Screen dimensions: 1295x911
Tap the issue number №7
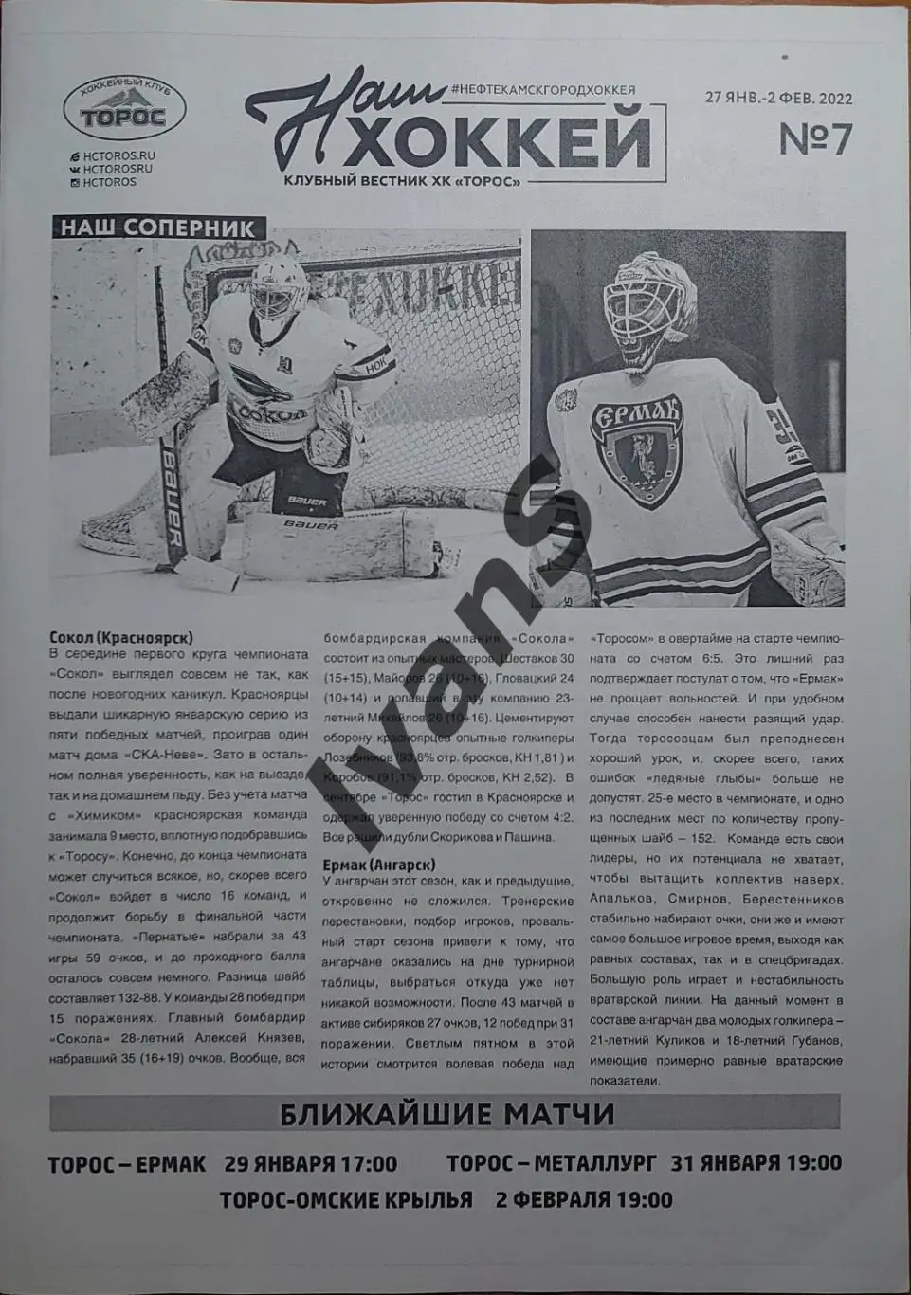coord(814,140)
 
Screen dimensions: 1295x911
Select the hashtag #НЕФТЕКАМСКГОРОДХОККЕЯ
coord(544,89)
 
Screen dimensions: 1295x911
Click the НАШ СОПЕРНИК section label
coord(157,228)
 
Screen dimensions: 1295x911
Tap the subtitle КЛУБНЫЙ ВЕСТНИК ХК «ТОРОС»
coord(403,182)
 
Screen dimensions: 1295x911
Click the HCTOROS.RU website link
coord(118,155)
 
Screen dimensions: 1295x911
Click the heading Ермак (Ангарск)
coord(378,865)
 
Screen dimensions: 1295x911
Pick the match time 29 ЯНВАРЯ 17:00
coord(311,1163)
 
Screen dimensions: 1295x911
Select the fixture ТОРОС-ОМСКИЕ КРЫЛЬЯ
coord(346,1199)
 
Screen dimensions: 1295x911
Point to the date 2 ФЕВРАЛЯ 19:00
coord(584,1199)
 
